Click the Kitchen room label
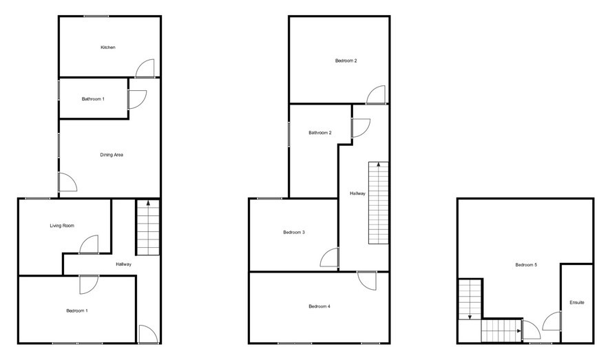point(108,47)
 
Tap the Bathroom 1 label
point(93,99)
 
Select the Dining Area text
point(112,155)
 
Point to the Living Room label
point(62,226)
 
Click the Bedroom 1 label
point(77,310)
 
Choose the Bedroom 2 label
point(346,61)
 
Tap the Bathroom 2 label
point(319,133)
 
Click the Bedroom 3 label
point(294,233)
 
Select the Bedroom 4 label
point(319,306)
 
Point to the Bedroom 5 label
point(526,265)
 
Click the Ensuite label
point(577,302)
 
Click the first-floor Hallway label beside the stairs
point(357,193)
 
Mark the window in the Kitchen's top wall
point(96,16)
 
